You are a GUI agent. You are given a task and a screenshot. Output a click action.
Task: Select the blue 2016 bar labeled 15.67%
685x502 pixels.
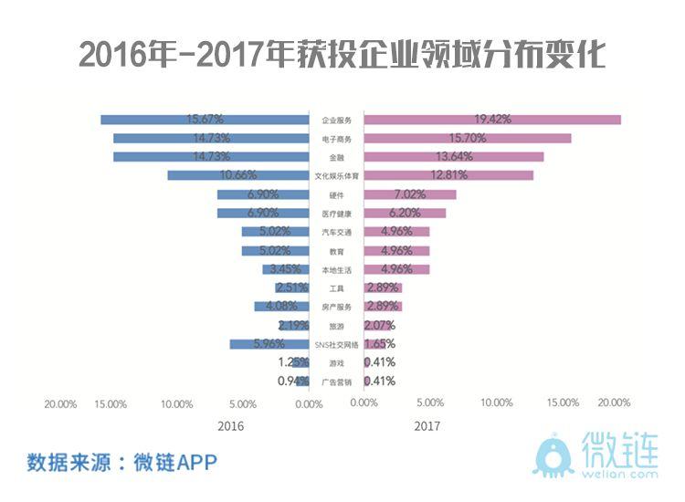point(205,120)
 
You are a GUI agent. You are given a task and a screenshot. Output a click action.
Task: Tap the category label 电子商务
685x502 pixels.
point(336,139)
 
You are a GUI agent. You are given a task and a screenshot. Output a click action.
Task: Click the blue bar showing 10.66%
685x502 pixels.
point(237,175)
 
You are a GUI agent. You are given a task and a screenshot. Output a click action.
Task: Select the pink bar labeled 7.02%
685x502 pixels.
point(409,194)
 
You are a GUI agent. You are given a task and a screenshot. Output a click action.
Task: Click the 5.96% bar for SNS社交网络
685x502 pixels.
point(269,344)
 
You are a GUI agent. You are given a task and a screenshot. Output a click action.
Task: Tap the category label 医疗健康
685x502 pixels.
point(336,214)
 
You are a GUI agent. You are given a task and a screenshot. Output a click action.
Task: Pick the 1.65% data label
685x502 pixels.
point(379,344)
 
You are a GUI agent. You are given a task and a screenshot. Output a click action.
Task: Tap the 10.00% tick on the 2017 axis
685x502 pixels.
point(496,403)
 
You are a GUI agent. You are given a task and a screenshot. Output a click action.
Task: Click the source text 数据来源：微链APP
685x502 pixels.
point(122,461)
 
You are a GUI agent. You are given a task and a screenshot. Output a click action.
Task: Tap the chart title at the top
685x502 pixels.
point(342,55)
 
